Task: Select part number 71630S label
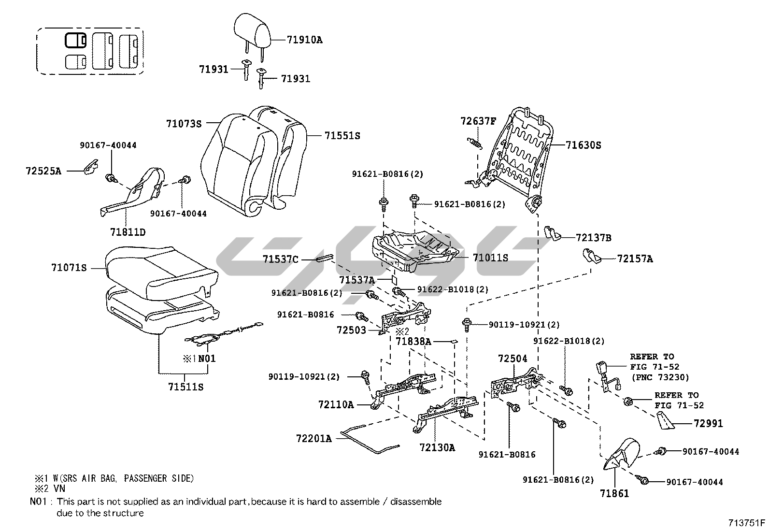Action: [584, 145]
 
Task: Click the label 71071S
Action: [69, 267]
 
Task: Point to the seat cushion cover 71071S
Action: [159, 271]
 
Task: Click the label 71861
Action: [614, 494]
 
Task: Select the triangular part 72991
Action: [666, 422]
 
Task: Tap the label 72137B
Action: [594, 238]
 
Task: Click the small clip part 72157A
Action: [590, 256]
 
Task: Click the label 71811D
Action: [128, 232]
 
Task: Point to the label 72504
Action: [513, 359]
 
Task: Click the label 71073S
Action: [184, 124]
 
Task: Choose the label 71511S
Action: [185, 387]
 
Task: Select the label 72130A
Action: [437, 447]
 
